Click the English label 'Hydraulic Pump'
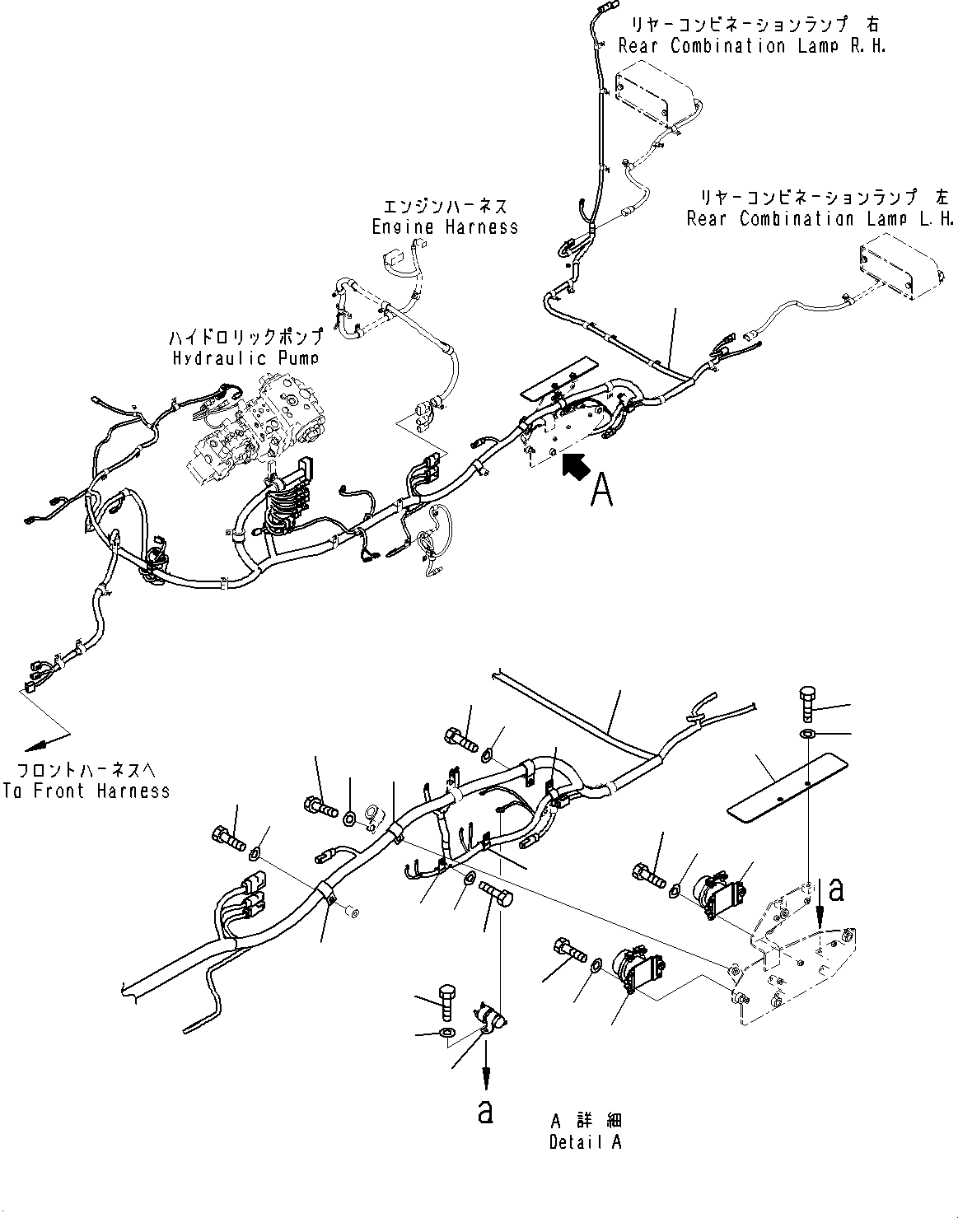(x=245, y=358)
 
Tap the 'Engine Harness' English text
(x=445, y=226)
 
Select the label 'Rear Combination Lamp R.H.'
(x=778, y=46)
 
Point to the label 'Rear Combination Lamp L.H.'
(x=820, y=219)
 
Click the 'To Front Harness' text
(x=86, y=791)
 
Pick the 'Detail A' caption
(x=586, y=1142)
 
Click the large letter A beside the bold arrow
(x=602, y=491)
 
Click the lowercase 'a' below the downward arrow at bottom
(x=486, y=1111)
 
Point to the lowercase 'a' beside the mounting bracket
(x=836, y=889)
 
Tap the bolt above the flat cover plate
(x=806, y=705)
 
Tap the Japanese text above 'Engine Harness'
(x=445, y=205)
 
